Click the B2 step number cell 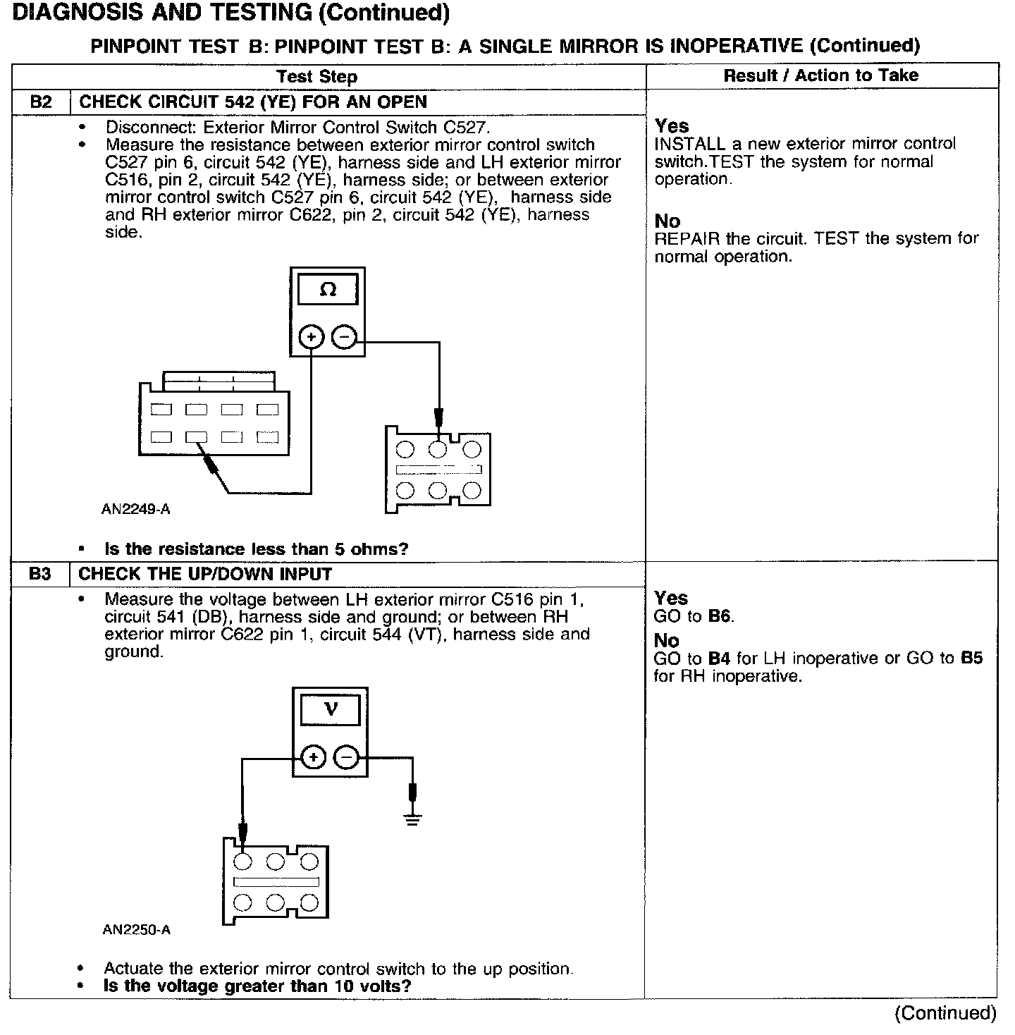(x=41, y=102)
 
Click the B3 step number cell (x=40, y=574)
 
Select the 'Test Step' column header (x=316, y=77)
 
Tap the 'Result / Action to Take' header (x=821, y=75)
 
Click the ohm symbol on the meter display (x=328, y=290)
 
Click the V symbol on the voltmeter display (x=330, y=709)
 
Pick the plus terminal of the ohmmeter (x=311, y=338)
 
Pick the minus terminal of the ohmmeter (x=343, y=338)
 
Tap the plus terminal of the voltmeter (x=313, y=758)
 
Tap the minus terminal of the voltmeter (x=346, y=758)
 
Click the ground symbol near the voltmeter (x=413, y=819)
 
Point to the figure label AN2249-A (x=135, y=508)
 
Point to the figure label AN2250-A (x=136, y=930)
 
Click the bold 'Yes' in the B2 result (x=672, y=126)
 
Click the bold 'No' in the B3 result (x=666, y=641)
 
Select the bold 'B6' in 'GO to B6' (x=720, y=617)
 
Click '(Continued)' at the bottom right (x=945, y=1014)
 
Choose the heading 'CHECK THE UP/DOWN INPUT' (x=205, y=574)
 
